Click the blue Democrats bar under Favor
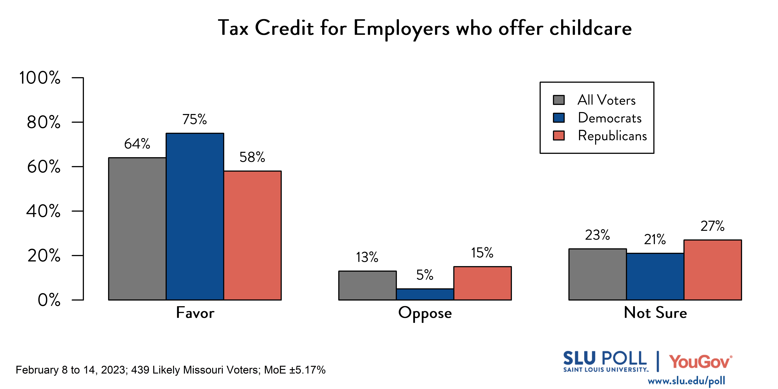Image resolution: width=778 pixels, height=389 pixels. [195, 216]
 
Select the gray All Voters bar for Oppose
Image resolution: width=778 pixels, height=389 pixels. [367, 285]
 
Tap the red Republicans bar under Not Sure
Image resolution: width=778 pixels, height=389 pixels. [712, 270]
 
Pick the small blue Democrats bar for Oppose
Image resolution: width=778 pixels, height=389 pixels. [425, 294]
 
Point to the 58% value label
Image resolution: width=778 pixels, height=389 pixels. [252, 157]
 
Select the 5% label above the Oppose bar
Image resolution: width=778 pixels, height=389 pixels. [425, 275]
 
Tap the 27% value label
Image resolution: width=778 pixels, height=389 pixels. [712, 226]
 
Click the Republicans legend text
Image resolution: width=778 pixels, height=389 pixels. [612, 136]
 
